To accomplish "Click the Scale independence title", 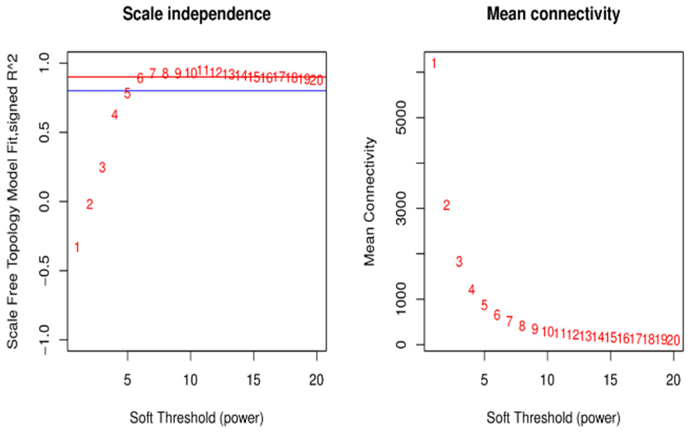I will (x=197, y=14).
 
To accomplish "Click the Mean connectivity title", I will (x=553, y=14).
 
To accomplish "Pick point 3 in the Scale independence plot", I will (x=102, y=167).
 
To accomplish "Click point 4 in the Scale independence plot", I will (x=115, y=115).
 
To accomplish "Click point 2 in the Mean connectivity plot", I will (x=446, y=205).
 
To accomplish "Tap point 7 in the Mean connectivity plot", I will (x=509, y=321).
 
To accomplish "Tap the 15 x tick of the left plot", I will (x=254, y=380).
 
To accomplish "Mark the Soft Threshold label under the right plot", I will (x=553, y=418).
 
